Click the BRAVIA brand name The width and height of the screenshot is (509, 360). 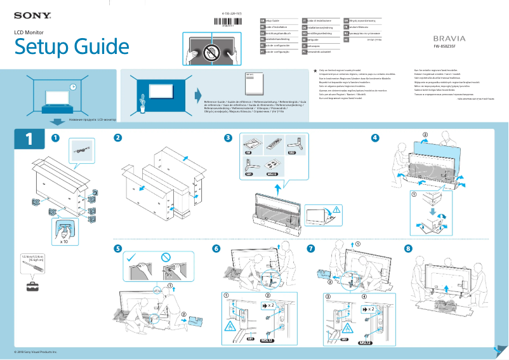click(x=449, y=38)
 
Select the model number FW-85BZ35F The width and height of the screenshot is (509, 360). click(x=449, y=47)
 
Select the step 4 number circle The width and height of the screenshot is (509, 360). click(x=375, y=138)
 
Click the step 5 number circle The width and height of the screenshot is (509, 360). click(x=118, y=248)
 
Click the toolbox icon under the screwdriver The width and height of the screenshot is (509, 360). click(x=32, y=286)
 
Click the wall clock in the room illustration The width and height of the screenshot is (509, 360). click(x=74, y=87)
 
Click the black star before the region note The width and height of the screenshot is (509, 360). click(x=315, y=72)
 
